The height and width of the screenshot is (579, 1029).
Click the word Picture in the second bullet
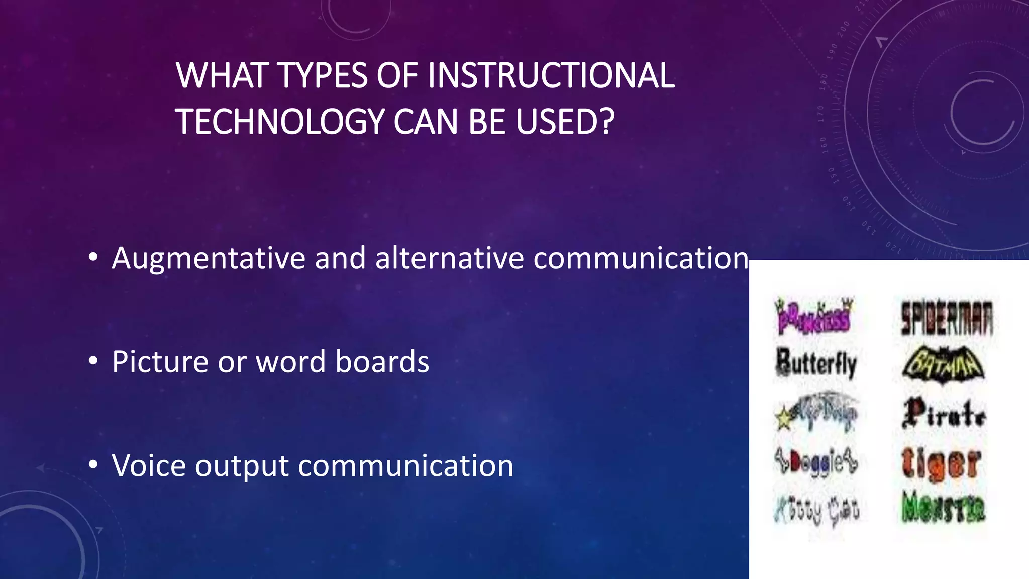[159, 361]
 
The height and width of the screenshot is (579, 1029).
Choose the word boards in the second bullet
[382, 361]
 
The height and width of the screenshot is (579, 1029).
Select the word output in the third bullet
[242, 466]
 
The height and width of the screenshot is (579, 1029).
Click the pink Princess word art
[813, 316]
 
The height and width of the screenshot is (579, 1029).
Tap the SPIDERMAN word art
[947, 318]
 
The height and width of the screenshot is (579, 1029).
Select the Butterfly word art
[816, 363]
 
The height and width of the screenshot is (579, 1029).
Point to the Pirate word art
[944, 413]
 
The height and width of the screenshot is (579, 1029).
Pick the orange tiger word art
[941, 462]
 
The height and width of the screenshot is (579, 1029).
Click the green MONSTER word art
[943, 507]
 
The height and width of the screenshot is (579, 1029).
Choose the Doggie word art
[816, 462]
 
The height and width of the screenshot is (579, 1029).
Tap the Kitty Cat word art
[816, 510]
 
